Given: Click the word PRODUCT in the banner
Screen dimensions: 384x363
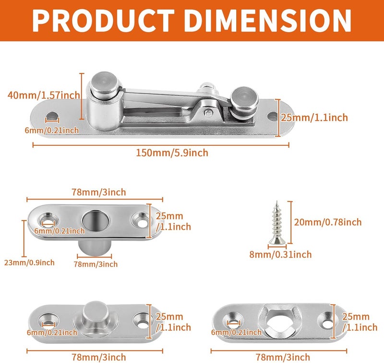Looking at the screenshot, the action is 103,21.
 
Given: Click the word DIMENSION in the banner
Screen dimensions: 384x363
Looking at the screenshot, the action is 268,21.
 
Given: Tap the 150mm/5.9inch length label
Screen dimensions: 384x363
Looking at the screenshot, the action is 172,153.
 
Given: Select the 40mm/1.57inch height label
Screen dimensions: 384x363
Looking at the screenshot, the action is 44,95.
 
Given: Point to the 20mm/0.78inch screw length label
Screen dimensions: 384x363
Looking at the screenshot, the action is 328,222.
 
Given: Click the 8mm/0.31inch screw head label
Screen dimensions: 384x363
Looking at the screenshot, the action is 280,255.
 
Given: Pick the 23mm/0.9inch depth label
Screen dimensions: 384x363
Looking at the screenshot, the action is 29,263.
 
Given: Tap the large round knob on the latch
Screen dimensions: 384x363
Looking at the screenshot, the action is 105,83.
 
